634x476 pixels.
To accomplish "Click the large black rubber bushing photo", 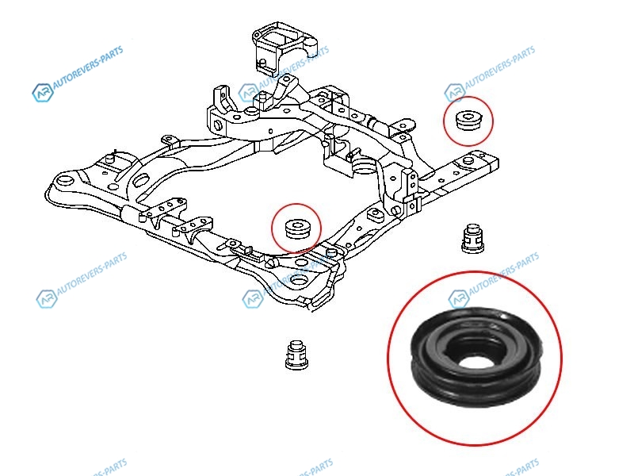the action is [475, 359].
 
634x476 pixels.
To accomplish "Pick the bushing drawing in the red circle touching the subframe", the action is [297, 228].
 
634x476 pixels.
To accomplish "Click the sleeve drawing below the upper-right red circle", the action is [472, 238].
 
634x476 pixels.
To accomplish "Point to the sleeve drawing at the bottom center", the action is [296, 355].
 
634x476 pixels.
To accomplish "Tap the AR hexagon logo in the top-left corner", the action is [43, 92].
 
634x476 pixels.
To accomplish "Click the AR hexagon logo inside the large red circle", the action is [459, 299].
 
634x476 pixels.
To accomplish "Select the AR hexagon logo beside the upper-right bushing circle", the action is [454, 93].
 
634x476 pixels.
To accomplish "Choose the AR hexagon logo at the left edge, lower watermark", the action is [47, 299].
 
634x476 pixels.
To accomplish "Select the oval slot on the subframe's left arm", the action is [140, 180].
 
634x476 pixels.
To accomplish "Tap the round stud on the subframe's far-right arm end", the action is [468, 160].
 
